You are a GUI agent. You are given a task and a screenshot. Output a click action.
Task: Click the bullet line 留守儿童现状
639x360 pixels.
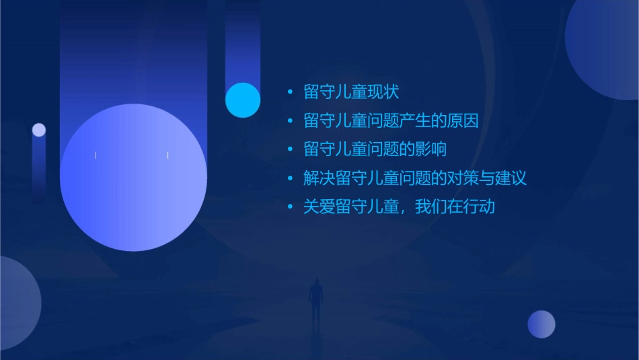(x=351, y=92)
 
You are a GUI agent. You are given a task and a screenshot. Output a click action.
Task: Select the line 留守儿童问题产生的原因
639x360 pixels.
(x=391, y=121)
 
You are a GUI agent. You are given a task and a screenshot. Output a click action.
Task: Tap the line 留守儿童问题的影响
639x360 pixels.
(x=375, y=149)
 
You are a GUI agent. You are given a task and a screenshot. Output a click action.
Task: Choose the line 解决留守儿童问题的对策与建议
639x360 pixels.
(x=414, y=178)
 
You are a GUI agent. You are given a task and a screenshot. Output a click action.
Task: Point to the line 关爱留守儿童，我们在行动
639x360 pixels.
(x=399, y=207)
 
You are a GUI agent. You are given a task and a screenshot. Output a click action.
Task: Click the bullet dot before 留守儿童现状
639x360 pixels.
(x=290, y=92)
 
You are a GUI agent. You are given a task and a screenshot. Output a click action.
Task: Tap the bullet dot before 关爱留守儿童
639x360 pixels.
(x=290, y=207)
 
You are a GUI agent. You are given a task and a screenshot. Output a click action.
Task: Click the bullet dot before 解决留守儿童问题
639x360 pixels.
(x=290, y=178)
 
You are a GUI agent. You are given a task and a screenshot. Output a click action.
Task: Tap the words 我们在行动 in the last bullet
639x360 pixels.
(x=455, y=207)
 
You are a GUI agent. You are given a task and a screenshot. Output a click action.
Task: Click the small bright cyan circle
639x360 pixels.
(x=243, y=100)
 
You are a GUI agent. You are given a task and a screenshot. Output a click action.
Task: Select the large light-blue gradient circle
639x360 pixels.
(x=133, y=178)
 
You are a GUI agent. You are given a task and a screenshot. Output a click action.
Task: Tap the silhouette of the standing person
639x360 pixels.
(x=315, y=300)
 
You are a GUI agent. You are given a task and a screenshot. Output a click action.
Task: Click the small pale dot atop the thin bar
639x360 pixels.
(x=39, y=130)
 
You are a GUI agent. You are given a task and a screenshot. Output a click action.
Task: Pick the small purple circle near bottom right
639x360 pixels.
(x=541, y=324)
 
